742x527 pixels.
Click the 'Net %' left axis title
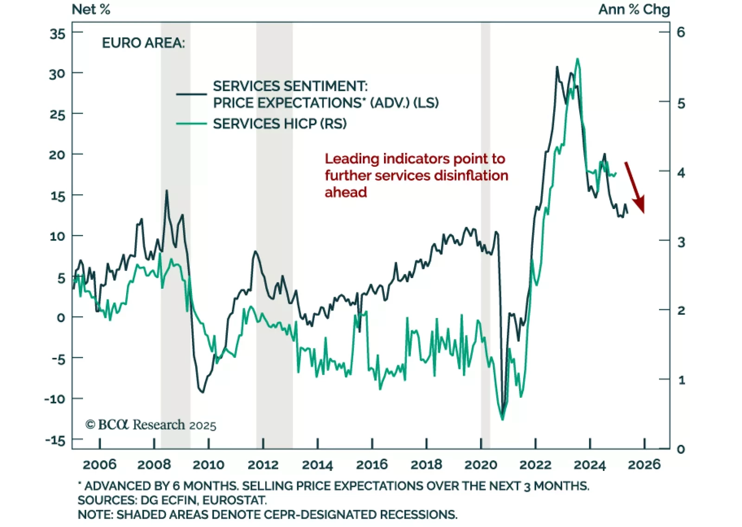(91, 9)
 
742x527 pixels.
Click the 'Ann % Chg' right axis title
(634, 9)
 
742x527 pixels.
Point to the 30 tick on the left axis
(58, 74)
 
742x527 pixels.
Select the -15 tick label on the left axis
(55, 440)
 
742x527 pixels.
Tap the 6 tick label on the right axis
(681, 32)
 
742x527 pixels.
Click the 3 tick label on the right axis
(681, 242)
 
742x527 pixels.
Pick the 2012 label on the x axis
(263, 464)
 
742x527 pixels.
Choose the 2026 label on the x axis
(644, 464)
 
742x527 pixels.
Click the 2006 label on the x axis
(99, 464)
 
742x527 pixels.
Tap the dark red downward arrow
(634, 187)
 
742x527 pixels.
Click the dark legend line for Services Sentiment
(191, 94)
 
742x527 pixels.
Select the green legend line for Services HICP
(191, 124)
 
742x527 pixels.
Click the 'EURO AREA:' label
(143, 43)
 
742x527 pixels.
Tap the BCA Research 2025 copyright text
(151, 425)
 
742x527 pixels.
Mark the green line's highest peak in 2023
(577, 59)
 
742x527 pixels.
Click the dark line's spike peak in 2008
(166, 190)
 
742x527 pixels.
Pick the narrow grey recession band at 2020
(485, 232)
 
